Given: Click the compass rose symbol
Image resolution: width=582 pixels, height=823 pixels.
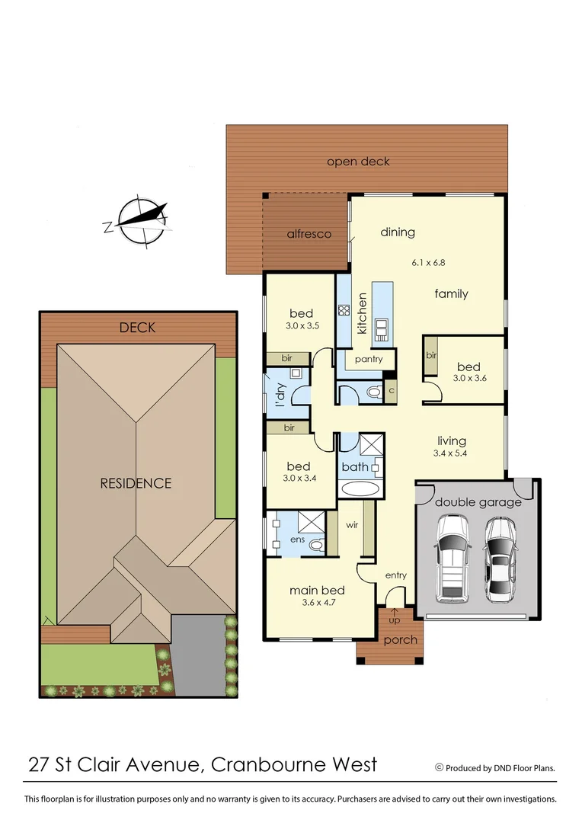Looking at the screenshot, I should [143, 220].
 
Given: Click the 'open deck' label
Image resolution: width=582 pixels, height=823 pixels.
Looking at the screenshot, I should [358, 162].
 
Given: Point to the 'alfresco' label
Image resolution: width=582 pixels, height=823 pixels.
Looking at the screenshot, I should [309, 234].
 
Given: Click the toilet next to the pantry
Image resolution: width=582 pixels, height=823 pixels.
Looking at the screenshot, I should [372, 392].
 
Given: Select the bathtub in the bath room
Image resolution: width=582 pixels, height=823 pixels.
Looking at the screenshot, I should [359, 488].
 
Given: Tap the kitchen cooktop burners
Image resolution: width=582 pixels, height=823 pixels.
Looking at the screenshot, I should [344, 310].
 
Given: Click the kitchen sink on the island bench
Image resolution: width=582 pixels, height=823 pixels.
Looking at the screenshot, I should [382, 328].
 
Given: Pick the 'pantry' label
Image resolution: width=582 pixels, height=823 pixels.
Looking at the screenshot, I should [369, 359].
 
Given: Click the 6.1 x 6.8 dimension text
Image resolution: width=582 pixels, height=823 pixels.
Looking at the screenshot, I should [428, 263].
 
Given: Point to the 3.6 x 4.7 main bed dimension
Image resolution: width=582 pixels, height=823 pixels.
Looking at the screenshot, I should [317, 604].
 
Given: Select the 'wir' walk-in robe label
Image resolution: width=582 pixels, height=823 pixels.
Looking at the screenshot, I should [352, 524].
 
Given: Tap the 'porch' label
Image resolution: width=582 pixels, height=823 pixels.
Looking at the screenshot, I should [401, 639].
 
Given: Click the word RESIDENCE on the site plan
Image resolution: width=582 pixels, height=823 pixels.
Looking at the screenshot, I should [136, 483].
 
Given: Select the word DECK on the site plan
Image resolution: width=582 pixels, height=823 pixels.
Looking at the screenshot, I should [137, 328].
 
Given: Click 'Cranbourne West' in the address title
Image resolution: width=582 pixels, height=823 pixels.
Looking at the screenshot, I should [293, 764].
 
